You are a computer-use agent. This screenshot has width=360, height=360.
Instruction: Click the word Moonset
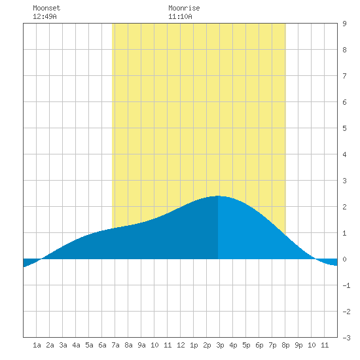tap(46, 8)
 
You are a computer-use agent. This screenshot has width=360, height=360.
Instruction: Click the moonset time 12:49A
tap(45, 16)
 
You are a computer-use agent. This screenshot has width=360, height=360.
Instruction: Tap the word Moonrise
tap(184, 8)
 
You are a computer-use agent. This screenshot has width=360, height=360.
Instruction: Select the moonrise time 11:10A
tap(180, 16)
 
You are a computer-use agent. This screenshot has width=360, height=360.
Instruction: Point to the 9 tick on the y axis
tap(344, 24)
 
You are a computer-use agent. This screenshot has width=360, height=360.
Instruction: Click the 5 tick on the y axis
tap(344, 128)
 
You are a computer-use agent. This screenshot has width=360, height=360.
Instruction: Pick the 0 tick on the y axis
tap(344, 259)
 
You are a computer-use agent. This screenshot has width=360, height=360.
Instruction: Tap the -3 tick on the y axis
tap(346, 338)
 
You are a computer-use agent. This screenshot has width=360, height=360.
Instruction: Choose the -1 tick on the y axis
tap(346, 285)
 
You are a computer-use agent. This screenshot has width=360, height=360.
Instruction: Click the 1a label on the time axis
tap(37, 345)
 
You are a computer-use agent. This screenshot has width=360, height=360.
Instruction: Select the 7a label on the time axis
tap(115, 345)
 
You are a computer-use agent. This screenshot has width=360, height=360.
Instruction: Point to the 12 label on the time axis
tap(181, 345)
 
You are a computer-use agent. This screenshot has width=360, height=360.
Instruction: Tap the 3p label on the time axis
tap(220, 345)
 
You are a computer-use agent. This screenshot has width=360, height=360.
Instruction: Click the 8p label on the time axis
tap(285, 345)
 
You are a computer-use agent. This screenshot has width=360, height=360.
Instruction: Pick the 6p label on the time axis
tap(259, 345)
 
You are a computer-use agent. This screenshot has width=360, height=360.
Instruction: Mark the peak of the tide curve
tap(218, 196)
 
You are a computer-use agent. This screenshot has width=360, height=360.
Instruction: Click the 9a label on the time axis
tap(141, 345)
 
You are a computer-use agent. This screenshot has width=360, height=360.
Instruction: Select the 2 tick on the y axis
tap(344, 207)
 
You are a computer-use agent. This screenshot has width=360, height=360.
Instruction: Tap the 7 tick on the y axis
tap(344, 76)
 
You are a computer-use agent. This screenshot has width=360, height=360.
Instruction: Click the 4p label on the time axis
tap(233, 345)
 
